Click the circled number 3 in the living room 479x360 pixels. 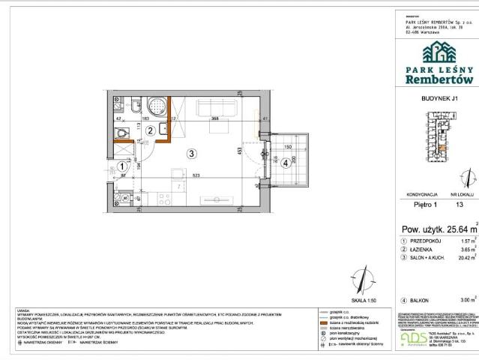(192, 154)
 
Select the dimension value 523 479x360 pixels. (196, 175)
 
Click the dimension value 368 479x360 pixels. (214, 119)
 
